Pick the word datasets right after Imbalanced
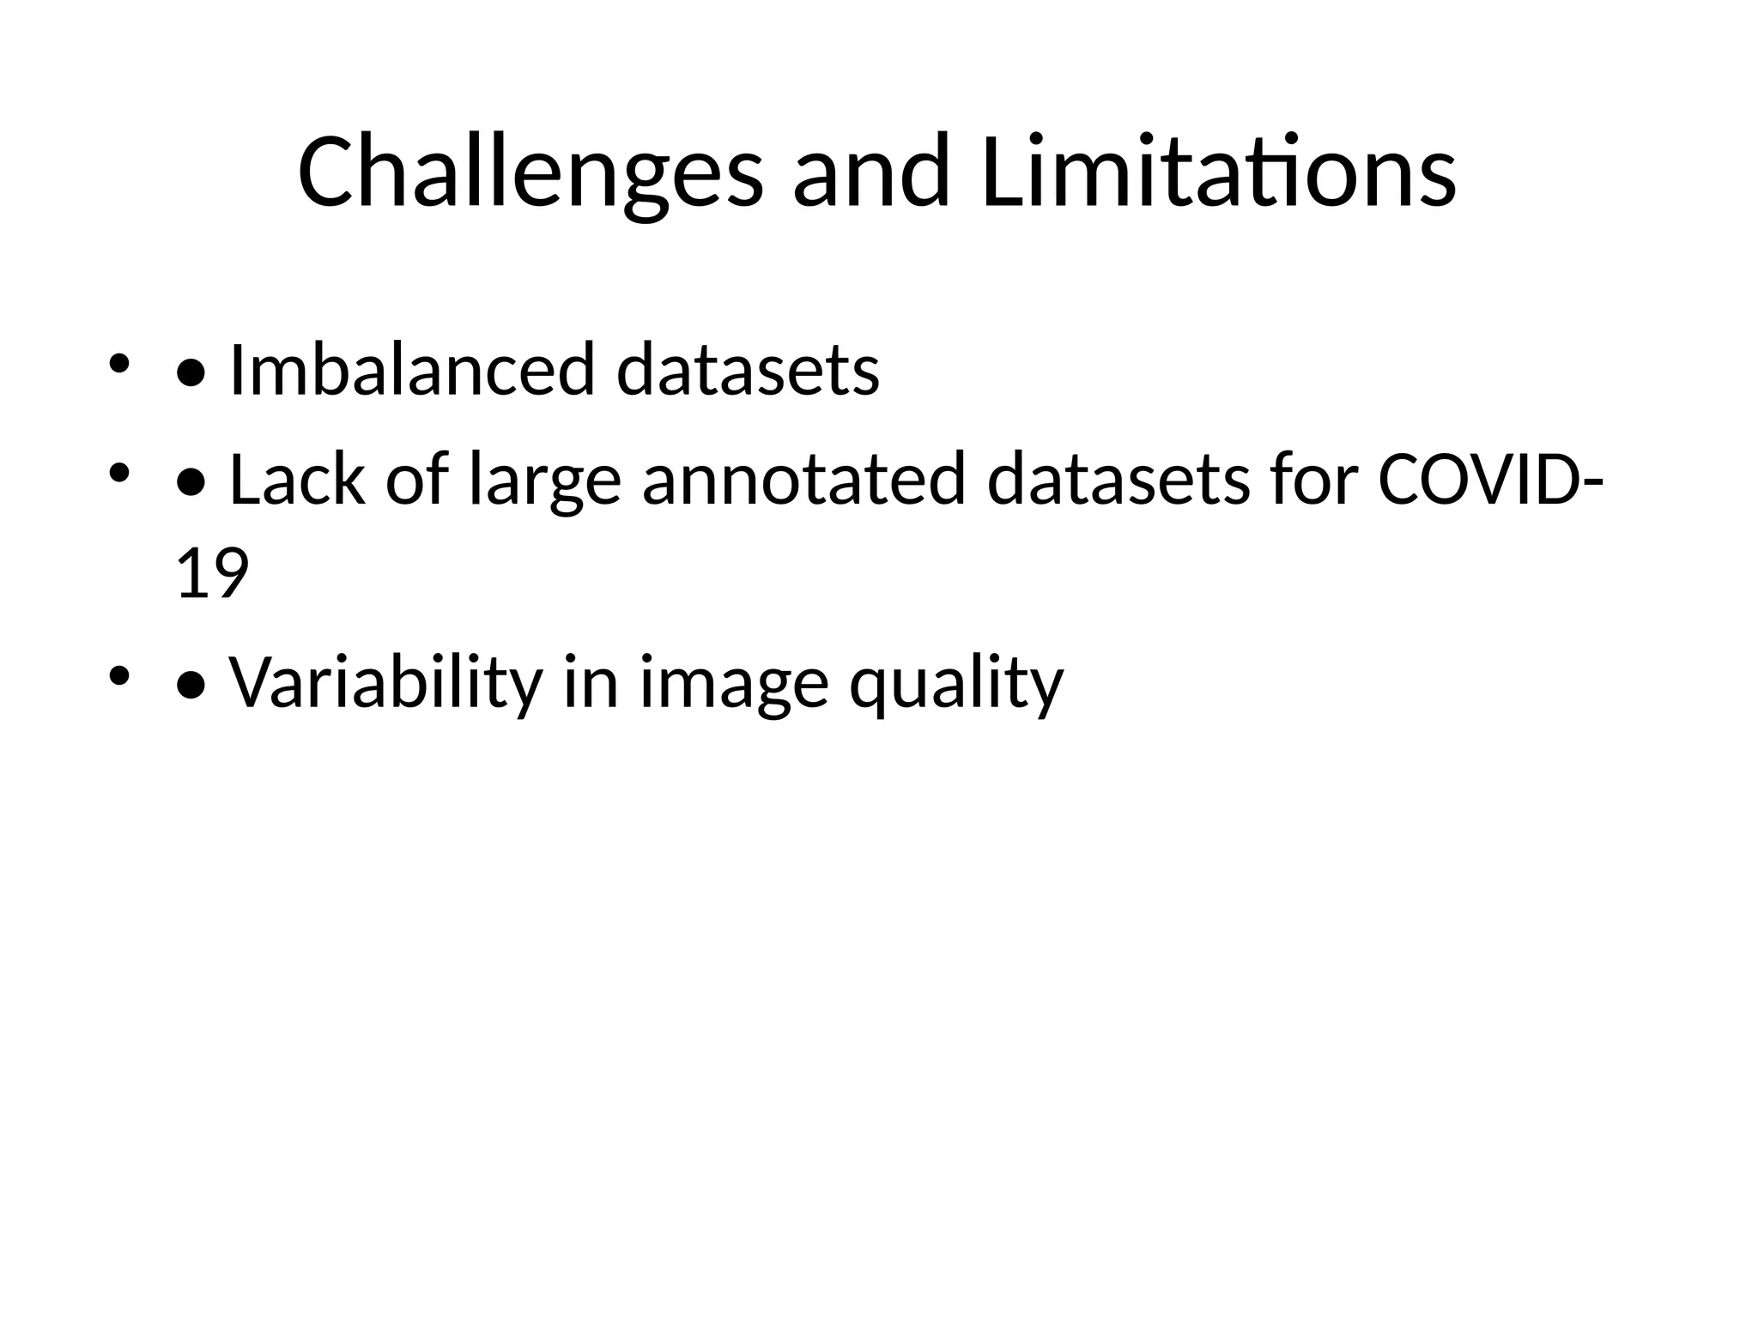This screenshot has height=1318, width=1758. tap(748, 370)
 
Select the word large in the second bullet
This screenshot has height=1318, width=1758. tap(544, 481)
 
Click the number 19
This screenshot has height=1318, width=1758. tap(211, 574)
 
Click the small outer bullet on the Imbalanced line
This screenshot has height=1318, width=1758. tap(118, 364)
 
